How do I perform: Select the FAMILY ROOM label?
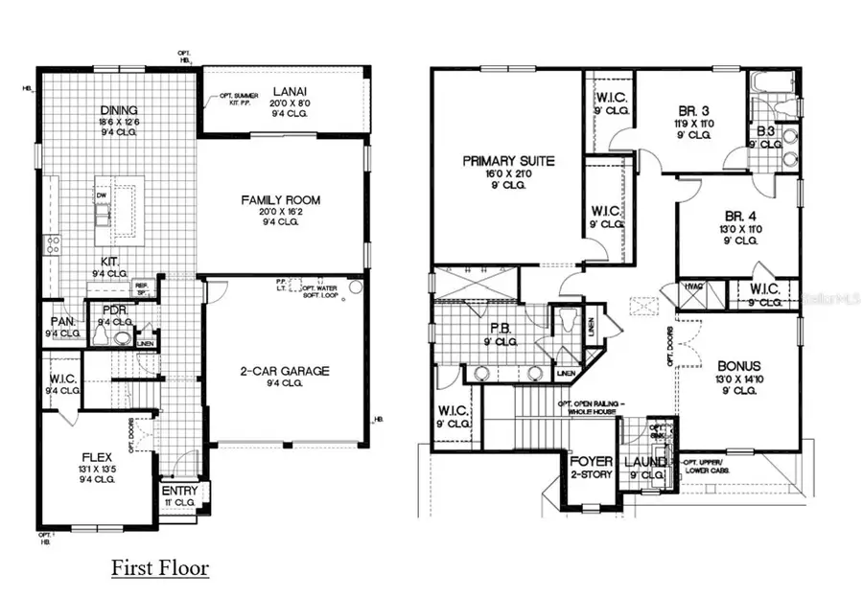(280, 200)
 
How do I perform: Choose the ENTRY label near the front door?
(179, 491)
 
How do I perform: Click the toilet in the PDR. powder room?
(123, 337)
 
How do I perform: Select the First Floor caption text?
(160, 567)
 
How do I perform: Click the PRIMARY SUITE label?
(508, 160)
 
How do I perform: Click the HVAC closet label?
(691, 286)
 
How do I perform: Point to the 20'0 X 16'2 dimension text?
(280, 212)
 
